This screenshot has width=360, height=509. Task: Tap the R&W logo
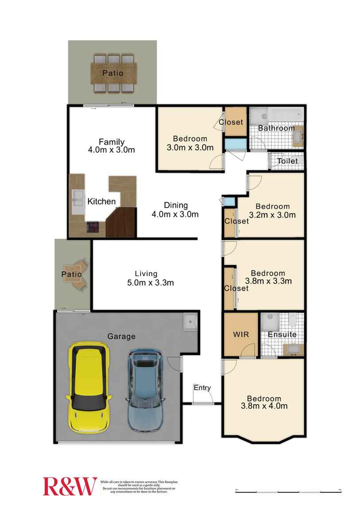point(70,486)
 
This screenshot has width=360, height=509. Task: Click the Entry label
point(202,388)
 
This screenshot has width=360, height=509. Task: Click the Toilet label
point(287,161)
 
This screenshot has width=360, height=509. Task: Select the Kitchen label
point(101,201)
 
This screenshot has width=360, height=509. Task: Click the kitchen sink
point(78,198)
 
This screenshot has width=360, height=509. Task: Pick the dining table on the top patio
point(112,73)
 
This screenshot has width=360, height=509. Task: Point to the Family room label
point(111,142)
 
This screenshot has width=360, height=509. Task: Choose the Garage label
point(121,336)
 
